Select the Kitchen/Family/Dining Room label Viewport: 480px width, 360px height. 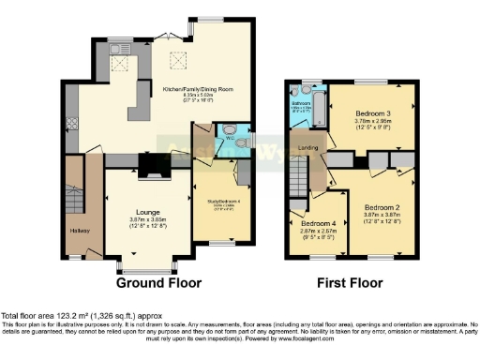pos(197,89)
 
